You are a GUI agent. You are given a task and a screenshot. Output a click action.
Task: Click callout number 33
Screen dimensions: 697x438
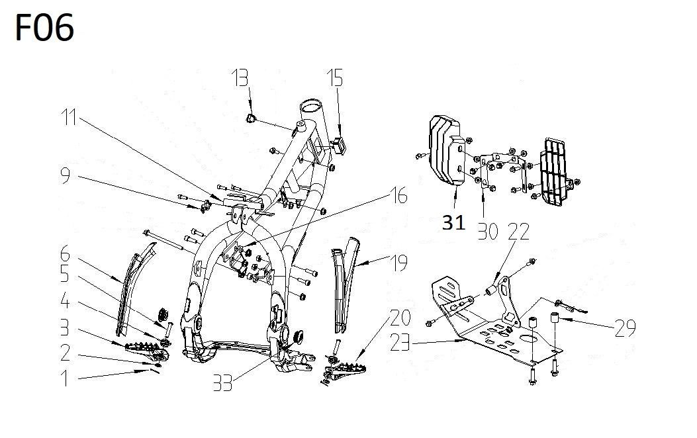point(223,382)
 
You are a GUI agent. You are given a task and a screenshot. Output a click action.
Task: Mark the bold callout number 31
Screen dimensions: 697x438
point(454,223)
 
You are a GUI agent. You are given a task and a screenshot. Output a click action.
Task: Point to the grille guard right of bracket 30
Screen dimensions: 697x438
point(555,172)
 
